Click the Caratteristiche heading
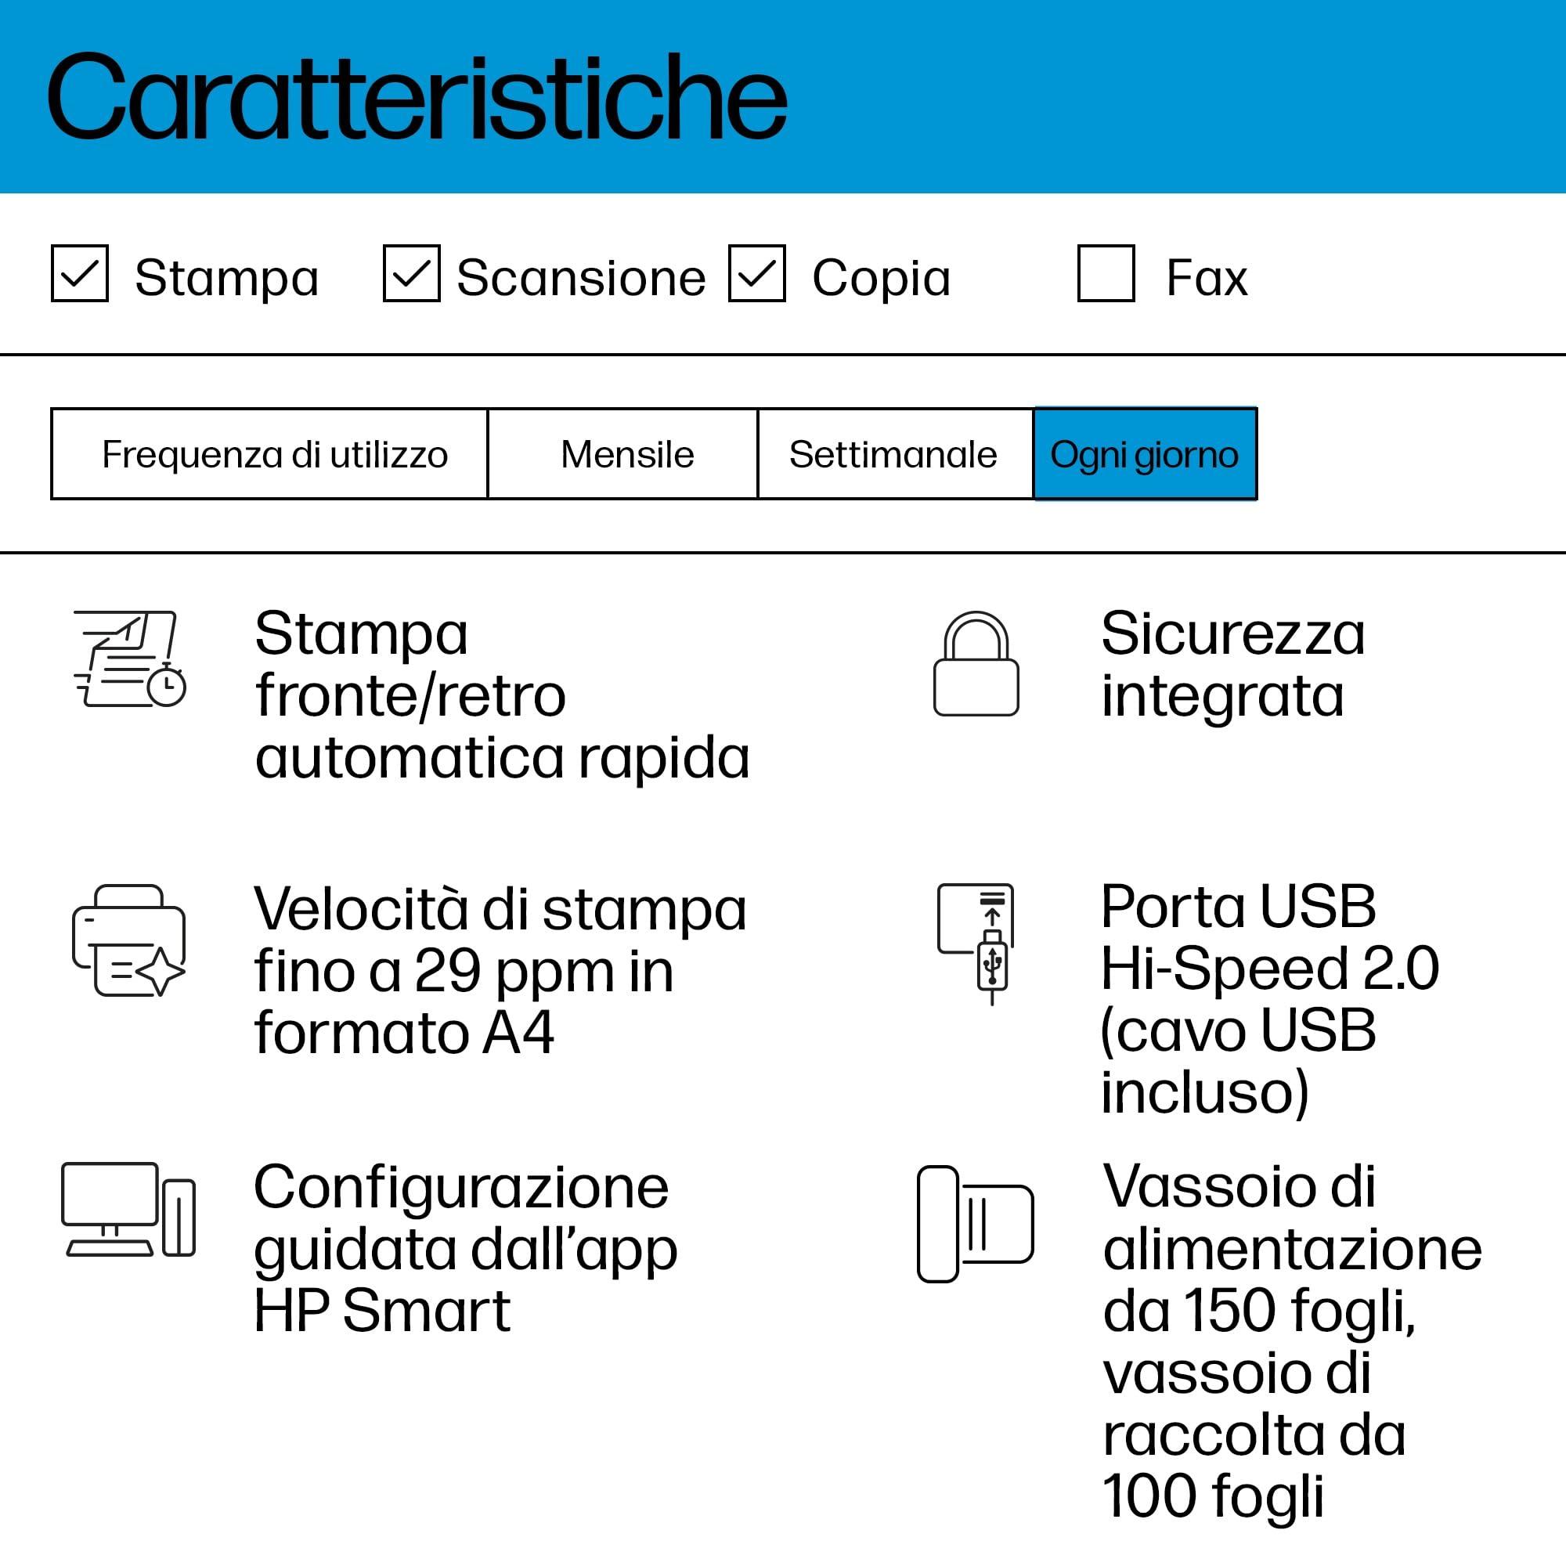417,98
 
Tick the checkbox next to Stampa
79,274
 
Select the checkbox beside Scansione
411,274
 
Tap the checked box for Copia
756,274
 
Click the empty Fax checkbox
1106,274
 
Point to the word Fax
1206,278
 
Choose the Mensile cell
626,454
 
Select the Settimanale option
893,454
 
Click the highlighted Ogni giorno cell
1145,454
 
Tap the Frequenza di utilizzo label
274,454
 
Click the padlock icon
976,665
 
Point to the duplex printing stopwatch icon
130,659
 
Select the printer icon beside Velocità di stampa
129,940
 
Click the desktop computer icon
128,1211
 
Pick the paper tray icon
974,1224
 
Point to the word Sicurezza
1232,634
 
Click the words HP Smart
382,1311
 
